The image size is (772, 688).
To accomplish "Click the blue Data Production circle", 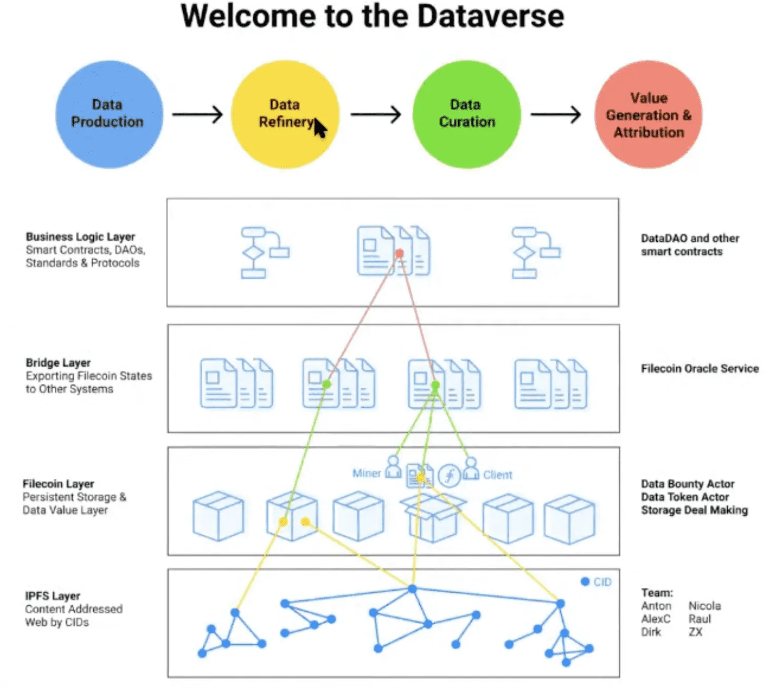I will tap(108, 114).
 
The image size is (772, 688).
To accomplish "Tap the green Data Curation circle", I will tap(467, 114).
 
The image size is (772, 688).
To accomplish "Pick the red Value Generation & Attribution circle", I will tap(648, 114).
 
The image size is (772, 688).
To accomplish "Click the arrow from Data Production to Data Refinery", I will tap(197, 114).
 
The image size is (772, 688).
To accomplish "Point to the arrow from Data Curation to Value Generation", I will tap(556, 114).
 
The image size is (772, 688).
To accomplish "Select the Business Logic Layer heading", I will tap(80, 237).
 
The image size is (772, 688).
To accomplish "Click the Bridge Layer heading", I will tap(58, 363).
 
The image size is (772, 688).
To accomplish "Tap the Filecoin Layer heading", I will tap(58, 484).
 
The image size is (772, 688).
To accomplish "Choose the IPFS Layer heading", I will tap(52, 596).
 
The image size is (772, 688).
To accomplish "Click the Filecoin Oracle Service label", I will tap(699, 369).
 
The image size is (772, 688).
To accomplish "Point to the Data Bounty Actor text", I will tap(687, 484).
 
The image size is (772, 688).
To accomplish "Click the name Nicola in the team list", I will tap(704, 606).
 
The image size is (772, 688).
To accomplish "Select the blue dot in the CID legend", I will tap(585, 582).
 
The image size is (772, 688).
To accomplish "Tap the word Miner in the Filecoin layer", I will tap(367, 473).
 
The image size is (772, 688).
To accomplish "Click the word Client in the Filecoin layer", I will tap(497, 475).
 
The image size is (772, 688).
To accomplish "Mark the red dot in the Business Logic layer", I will tap(399, 254).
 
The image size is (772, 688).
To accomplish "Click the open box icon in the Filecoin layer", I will tap(433, 519).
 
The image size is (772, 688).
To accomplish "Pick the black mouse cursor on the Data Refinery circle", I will tap(320, 128).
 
